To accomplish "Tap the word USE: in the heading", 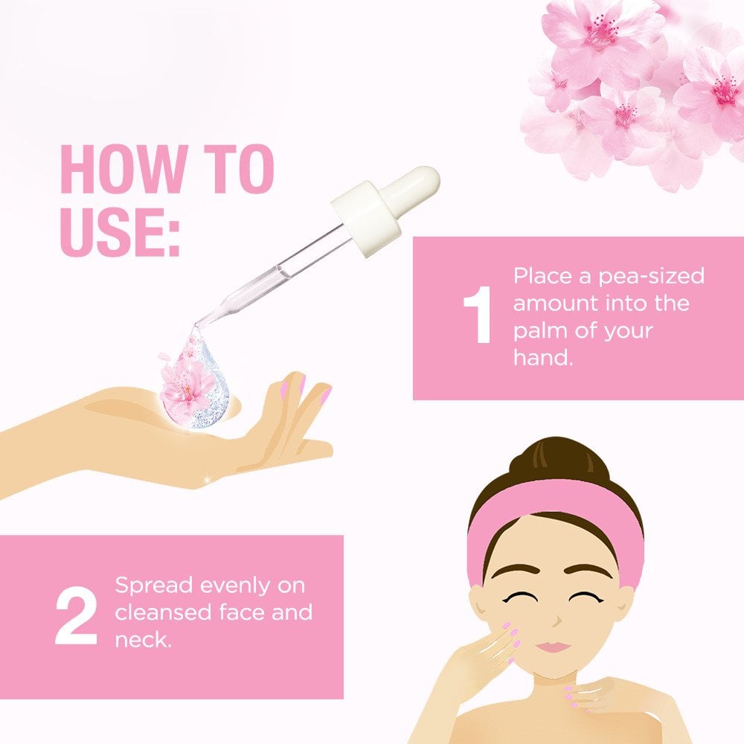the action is pos(120,232).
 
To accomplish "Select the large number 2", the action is pos(76,616).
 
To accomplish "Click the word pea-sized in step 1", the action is pos(651,277).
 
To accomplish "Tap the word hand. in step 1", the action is pos(543,357).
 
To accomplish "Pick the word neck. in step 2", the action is pos(143,640).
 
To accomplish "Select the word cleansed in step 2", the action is pos(162,612).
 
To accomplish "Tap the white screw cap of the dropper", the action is pos(366,218).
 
